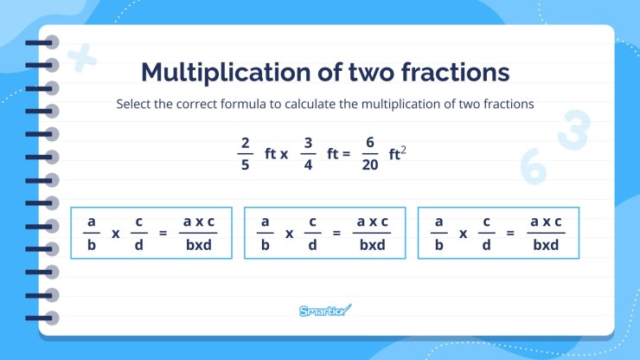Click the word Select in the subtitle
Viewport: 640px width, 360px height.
pyautogui.click(x=135, y=105)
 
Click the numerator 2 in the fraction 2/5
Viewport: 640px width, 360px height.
pyautogui.click(x=246, y=143)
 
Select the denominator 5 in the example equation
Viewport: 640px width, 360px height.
pyautogui.click(x=246, y=165)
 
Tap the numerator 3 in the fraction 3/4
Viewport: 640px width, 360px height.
pyautogui.click(x=306, y=143)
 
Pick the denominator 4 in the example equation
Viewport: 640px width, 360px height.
pyautogui.click(x=306, y=165)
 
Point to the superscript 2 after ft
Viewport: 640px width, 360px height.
pyautogui.click(x=403, y=149)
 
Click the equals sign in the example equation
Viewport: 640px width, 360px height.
pyautogui.click(x=346, y=155)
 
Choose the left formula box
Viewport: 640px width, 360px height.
pyautogui.click(x=151, y=233)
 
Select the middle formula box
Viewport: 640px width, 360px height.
pyautogui.click(x=325, y=233)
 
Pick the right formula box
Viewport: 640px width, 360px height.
pyautogui.click(x=498, y=233)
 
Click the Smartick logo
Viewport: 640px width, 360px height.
pyautogui.click(x=325, y=310)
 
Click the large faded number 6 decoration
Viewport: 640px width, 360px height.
pyautogui.click(x=534, y=166)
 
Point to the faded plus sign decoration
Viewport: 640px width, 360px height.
pyautogui.click(x=82, y=59)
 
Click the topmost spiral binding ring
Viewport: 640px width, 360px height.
pyautogui.click(x=49, y=42)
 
